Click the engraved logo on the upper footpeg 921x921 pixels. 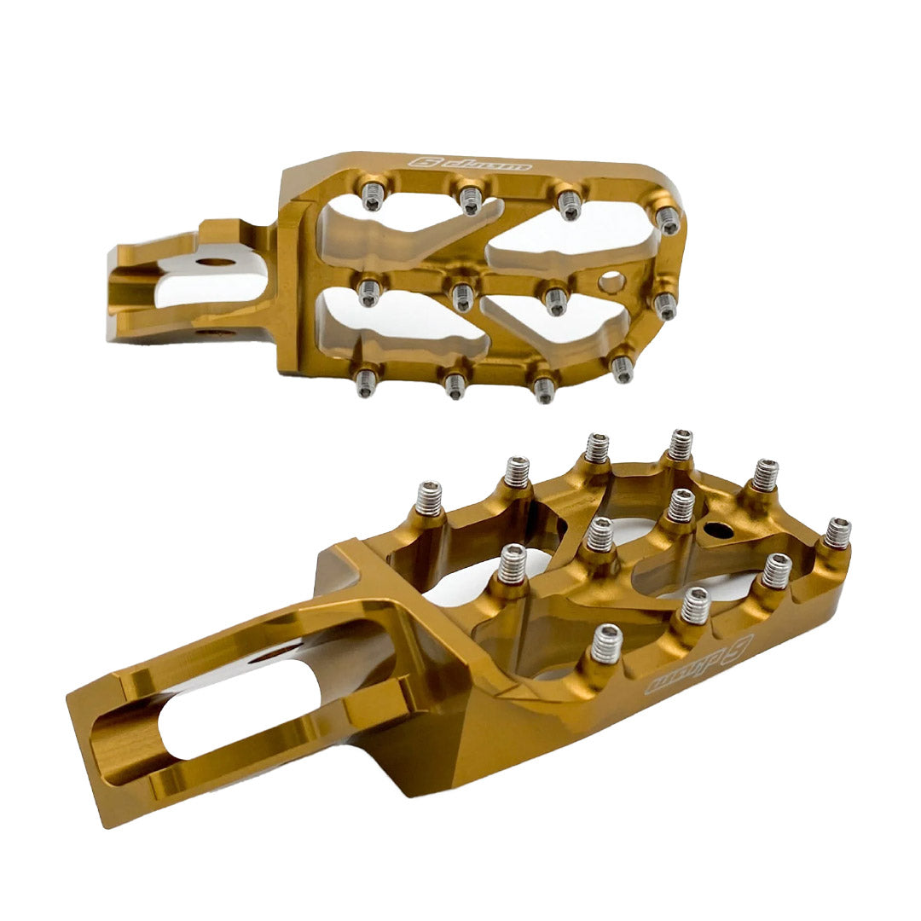coord(470,163)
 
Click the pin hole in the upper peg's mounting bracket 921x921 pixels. coord(215,256)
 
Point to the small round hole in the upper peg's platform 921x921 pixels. coord(611,281)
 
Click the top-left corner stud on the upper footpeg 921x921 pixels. coord(372,197)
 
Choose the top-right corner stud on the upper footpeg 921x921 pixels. coord(669,220)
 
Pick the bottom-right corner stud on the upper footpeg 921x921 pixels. coord(623,368)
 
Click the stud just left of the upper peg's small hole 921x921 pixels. coord(556,299)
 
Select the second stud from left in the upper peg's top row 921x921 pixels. coord(470,200)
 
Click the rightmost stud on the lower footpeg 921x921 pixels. coord(837,533)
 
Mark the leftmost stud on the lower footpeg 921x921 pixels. coord(428,498)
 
